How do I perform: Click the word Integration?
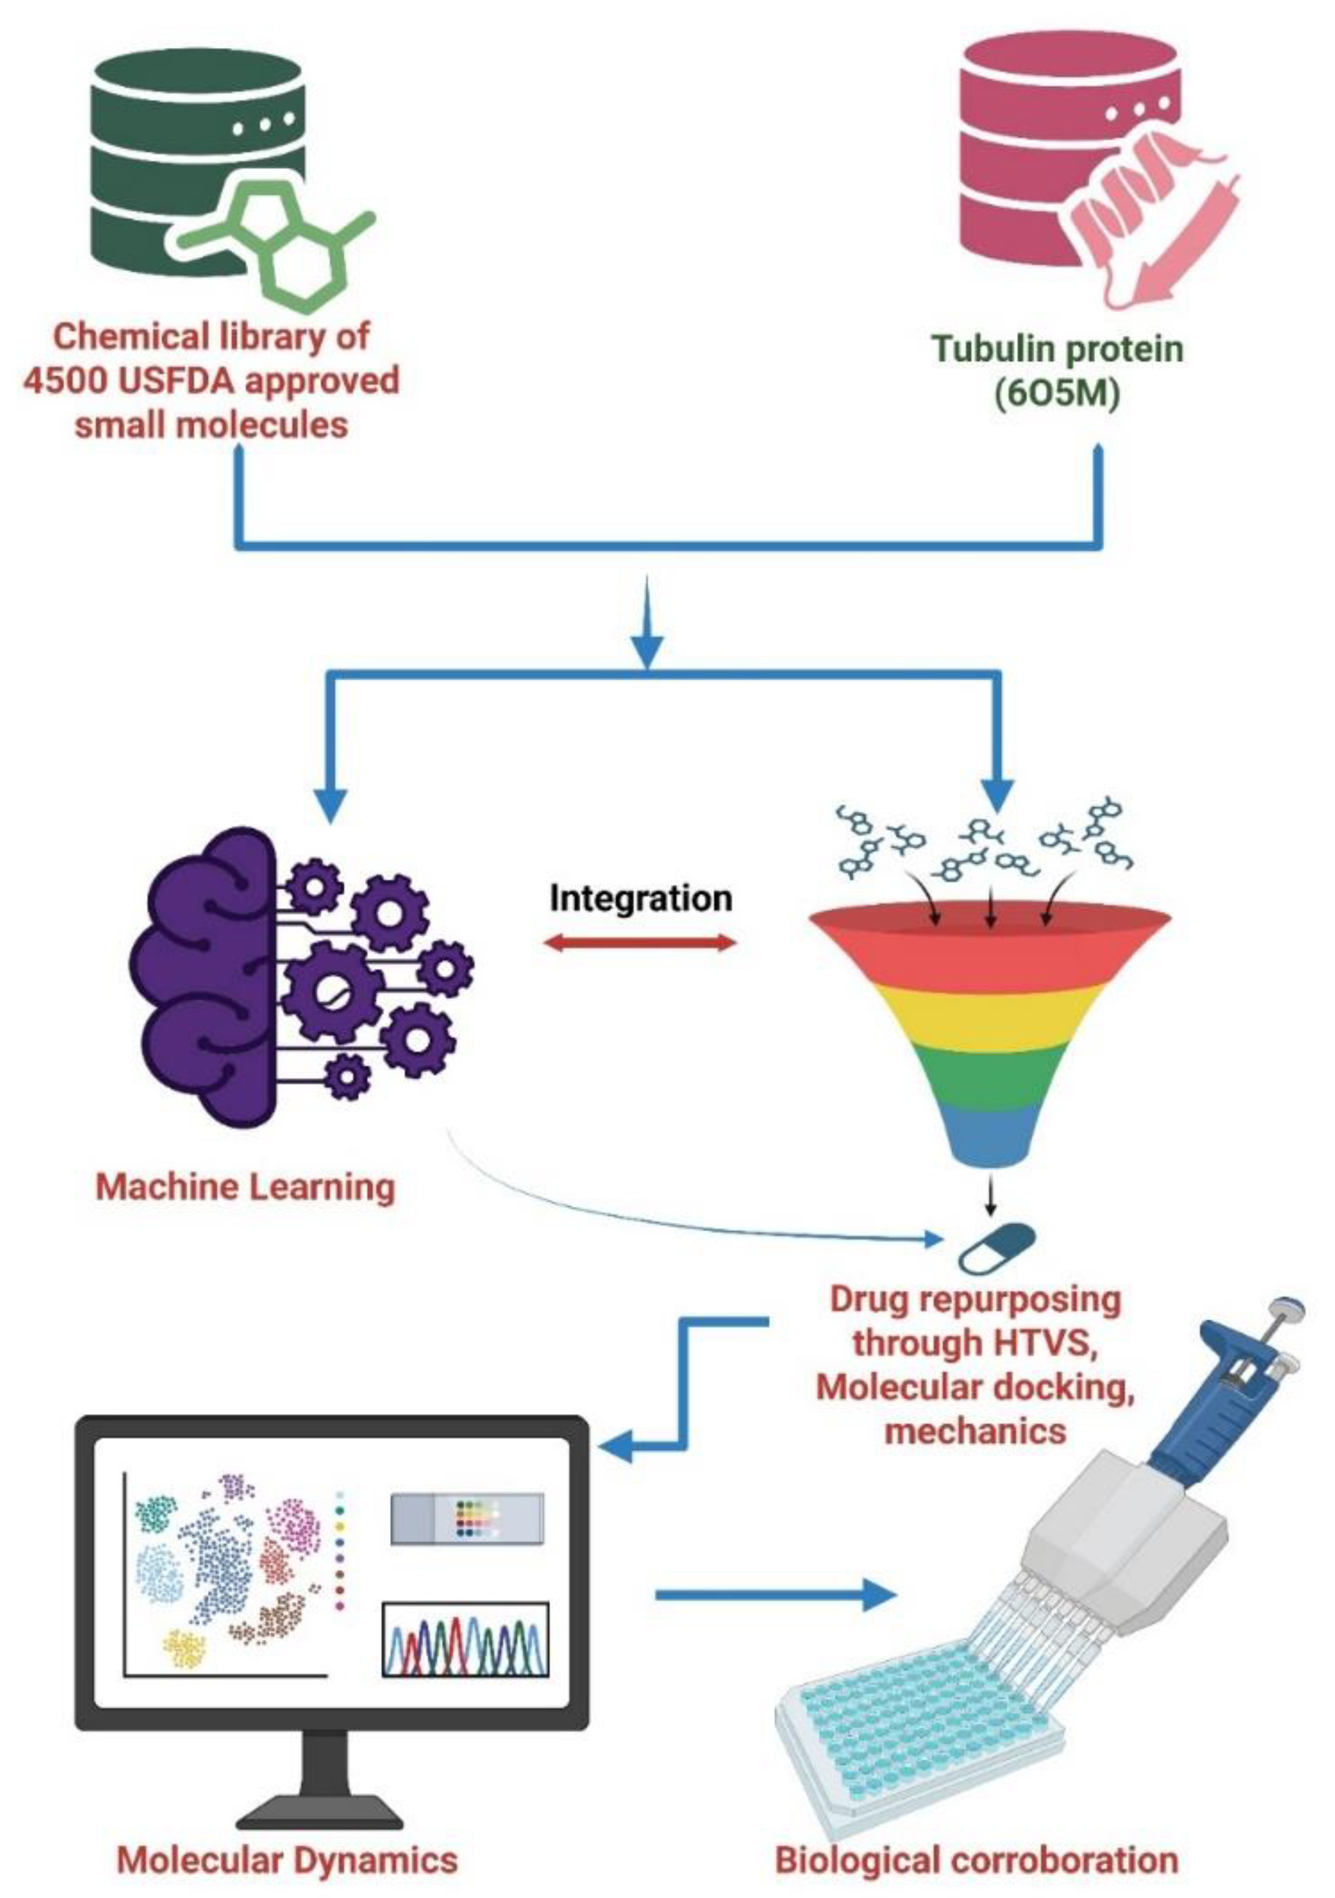(x=641, y=898)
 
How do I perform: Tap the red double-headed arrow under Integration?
(x=641, y=943)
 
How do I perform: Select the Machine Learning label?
(x=245, y=1188)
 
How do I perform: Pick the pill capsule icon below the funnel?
(x=996, y=1247)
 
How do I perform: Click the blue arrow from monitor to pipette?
(x=773, y=1593)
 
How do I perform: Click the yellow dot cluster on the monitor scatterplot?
(x=183, y=1647)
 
